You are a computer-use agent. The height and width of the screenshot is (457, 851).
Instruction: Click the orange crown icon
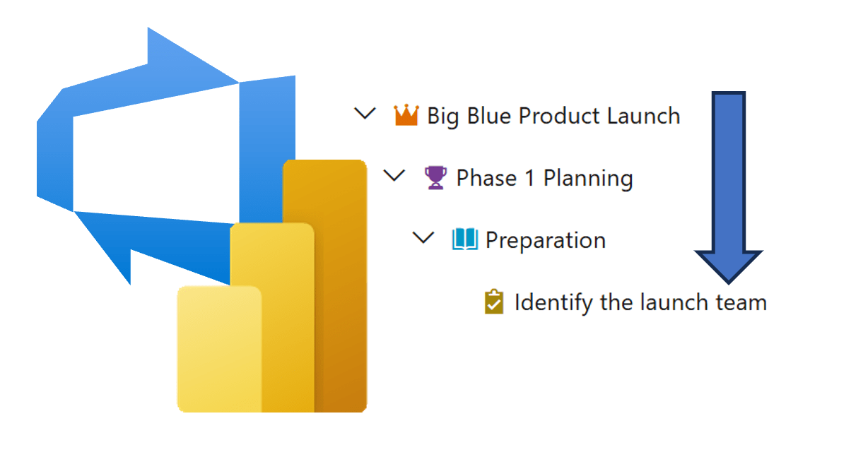[x=406, y=115]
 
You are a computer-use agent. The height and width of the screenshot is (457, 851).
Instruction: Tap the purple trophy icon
[x=435, y=177]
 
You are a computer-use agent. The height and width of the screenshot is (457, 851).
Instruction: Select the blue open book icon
[x=465, y=240]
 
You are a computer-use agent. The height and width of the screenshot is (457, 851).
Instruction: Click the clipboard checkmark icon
[x=494, y=302]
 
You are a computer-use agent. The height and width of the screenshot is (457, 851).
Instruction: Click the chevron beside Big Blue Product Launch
[x=365, y=113]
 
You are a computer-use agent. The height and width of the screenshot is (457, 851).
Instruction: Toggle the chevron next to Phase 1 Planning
[x=394, y=175]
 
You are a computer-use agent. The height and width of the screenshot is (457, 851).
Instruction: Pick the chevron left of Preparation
[x=423, y=238]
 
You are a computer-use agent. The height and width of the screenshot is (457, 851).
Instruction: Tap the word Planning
[x=588, y=179]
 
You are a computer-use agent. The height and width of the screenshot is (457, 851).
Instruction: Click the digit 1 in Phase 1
[x=529, y=178]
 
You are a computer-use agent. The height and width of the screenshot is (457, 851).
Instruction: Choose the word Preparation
[x=546, y=241]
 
